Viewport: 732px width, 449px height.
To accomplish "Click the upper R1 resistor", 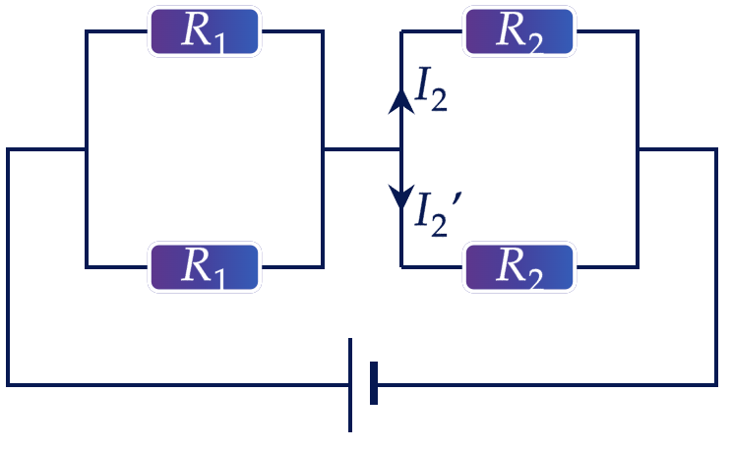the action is (x=205, y=31).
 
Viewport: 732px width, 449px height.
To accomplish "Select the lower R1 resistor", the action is (x=205, y=267).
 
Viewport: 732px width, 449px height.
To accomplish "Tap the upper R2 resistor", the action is (x=519, y=31).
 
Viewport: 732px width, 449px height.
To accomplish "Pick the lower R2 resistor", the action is (x=519, y=267).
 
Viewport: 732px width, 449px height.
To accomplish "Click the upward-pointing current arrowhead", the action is (x=401, y=101).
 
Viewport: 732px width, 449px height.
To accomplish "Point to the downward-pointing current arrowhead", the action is (x=401, y=196).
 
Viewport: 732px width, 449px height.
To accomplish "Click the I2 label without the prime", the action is (x=431, y=89).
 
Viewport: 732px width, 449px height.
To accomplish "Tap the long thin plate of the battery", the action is (x=350, y=385).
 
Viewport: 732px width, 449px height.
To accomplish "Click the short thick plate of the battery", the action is (x=374, y=383).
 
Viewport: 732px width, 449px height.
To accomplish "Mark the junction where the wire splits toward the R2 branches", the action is (x=401, y=149).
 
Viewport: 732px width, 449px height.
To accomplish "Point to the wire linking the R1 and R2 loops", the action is (x=362, y=149).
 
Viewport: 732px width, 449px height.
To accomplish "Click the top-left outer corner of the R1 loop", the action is (x=87, y=31).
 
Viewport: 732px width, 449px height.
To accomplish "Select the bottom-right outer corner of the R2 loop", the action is (x=638, y=267).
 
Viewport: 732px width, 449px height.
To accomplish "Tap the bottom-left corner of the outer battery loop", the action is (x=8, y=385).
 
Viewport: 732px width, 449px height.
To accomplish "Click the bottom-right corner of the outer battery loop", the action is (x=716, y=385).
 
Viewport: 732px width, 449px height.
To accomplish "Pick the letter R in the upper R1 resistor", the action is (x=195, y=28).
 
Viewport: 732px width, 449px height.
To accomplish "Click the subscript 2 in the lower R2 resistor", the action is (x=534, y=279).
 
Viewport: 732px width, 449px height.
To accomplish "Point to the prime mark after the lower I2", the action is (x=457, y=199).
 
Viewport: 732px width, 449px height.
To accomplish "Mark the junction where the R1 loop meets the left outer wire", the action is (x=87, y=149).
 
